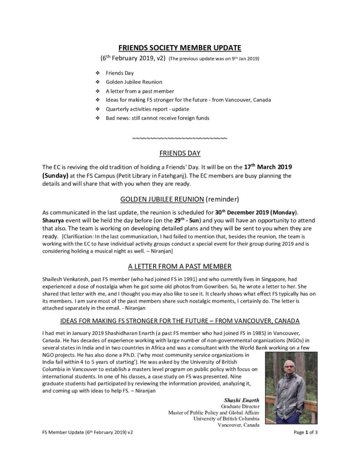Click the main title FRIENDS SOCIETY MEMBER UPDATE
pos(180,48)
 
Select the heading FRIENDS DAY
pos(180,153)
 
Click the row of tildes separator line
pos(180,137)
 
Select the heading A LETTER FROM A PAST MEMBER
pos(180,266)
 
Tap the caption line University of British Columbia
pos(226,419)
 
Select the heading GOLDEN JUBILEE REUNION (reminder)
pos(180,199)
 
